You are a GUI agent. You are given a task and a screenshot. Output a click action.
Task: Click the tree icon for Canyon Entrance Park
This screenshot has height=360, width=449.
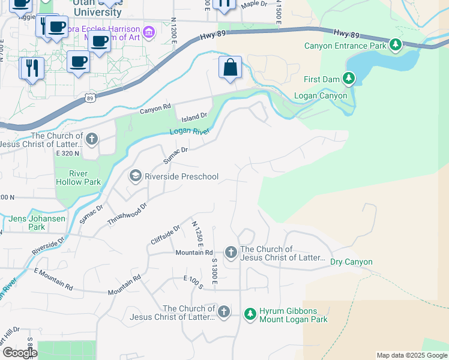[395, 45]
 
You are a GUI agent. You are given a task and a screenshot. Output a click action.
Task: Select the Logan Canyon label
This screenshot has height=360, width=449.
[320, 95]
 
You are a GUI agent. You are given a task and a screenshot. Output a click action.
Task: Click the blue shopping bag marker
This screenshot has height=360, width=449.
[231, 68]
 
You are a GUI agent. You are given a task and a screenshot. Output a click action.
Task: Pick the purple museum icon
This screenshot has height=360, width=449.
[148, 31]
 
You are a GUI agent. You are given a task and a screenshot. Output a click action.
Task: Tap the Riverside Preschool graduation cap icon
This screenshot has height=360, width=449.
[136, 176]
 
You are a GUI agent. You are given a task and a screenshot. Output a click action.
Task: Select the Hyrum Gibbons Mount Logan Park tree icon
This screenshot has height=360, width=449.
[250, 314]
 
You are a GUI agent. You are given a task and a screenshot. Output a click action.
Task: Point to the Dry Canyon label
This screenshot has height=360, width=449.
[351, 262]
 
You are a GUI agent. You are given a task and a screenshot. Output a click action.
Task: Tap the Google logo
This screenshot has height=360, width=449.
[19, 353]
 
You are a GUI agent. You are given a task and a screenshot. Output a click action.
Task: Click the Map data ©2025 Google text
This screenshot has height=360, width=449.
[411, 355]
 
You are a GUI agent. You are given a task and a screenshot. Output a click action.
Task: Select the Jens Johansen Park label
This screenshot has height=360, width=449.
[37, 223]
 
